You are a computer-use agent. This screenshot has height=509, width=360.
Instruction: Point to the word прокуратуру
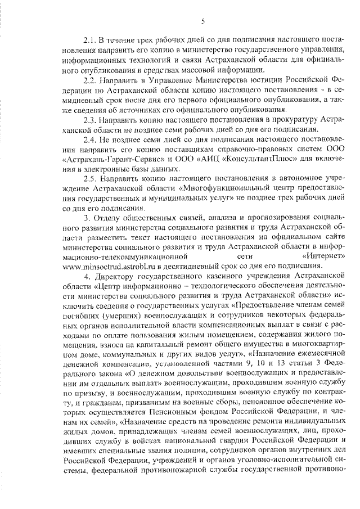(291, 120)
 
